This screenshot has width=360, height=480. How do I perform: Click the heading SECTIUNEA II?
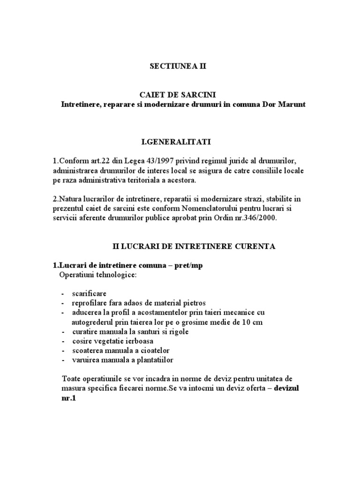point(177,67)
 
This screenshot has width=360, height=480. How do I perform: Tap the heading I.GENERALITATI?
point(178,141)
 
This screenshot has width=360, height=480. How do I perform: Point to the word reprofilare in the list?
point(90,302)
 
